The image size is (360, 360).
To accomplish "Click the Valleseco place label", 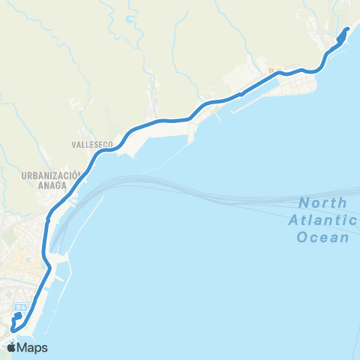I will (91, 142).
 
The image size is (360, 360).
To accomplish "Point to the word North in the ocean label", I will (322, 203).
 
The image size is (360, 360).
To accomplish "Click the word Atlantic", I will (323, 220).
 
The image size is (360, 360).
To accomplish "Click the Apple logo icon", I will (13, 348).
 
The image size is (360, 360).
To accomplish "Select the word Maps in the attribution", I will (33, 348).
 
